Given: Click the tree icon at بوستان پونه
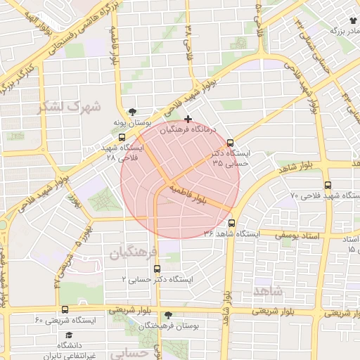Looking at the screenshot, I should tap(133, 112).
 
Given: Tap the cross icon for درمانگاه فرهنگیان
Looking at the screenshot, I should tap(188, 120).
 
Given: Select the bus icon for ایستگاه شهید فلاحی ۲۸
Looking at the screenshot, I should tap(122, 138).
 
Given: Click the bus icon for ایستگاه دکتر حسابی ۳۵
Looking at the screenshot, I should tap(231, 143).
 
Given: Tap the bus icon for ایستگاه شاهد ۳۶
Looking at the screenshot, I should tap(241, 233).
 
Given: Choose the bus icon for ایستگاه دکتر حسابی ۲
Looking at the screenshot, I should tap(156, 268).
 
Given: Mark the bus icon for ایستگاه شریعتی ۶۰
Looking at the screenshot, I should tap(65, 309).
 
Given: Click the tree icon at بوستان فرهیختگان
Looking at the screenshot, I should tap(167, 315).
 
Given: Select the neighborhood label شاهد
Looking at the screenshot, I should tap(268, 290).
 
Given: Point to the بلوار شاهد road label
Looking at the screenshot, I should tap(296, 168).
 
